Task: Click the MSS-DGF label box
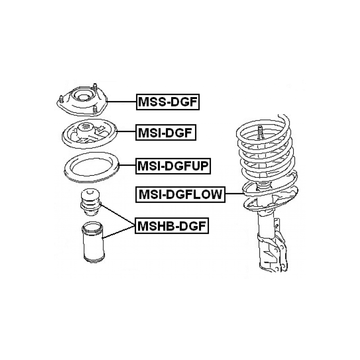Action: pos(168,102)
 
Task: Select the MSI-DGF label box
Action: pos(166,133)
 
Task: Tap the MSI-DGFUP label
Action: pos(173,166)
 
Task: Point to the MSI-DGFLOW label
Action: pos(180,194)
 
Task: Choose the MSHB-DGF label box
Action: pos(172,226)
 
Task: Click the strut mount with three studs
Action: pos(82,101)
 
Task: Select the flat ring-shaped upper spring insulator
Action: pos(92,167)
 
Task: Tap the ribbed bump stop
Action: pos(90,202)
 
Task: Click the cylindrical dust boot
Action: pos(93,242)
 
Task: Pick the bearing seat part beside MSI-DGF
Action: pos(90,134)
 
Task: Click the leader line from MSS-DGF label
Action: pos(122,102)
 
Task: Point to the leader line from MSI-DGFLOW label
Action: pos(234,194)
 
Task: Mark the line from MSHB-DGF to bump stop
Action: pos(117,215)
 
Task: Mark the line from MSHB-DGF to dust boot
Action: pos(119,232)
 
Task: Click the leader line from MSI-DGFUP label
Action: pos(127,165)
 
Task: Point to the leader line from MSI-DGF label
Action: pos(127,131)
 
